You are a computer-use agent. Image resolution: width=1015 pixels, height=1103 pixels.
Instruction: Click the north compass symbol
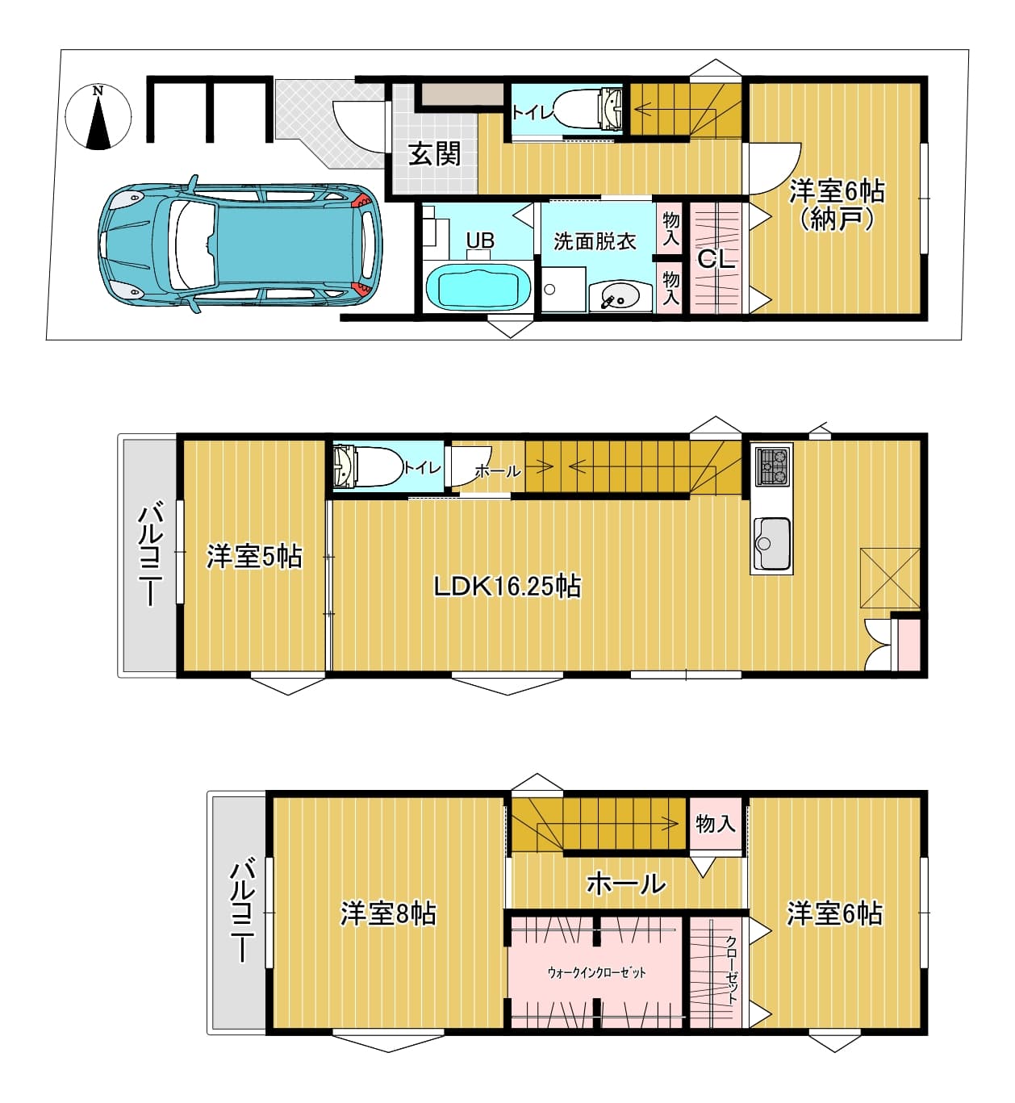98,116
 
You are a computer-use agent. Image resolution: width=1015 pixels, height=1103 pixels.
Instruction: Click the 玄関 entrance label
434,154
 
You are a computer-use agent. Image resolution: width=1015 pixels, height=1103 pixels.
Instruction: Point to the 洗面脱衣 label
595,241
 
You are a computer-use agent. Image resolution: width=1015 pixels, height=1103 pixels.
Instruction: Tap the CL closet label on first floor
716,259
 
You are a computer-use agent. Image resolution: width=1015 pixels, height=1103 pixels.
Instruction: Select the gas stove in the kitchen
772,466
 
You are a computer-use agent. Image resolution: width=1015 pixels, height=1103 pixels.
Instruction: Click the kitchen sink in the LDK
772,544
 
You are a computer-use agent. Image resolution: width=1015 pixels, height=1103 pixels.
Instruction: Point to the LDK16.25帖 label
507,587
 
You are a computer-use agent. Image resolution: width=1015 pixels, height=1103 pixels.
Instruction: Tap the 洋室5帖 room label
254,557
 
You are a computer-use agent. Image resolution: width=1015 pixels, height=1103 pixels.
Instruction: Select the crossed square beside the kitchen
890,578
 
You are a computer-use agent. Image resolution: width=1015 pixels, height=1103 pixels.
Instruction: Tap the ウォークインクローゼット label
596,972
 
